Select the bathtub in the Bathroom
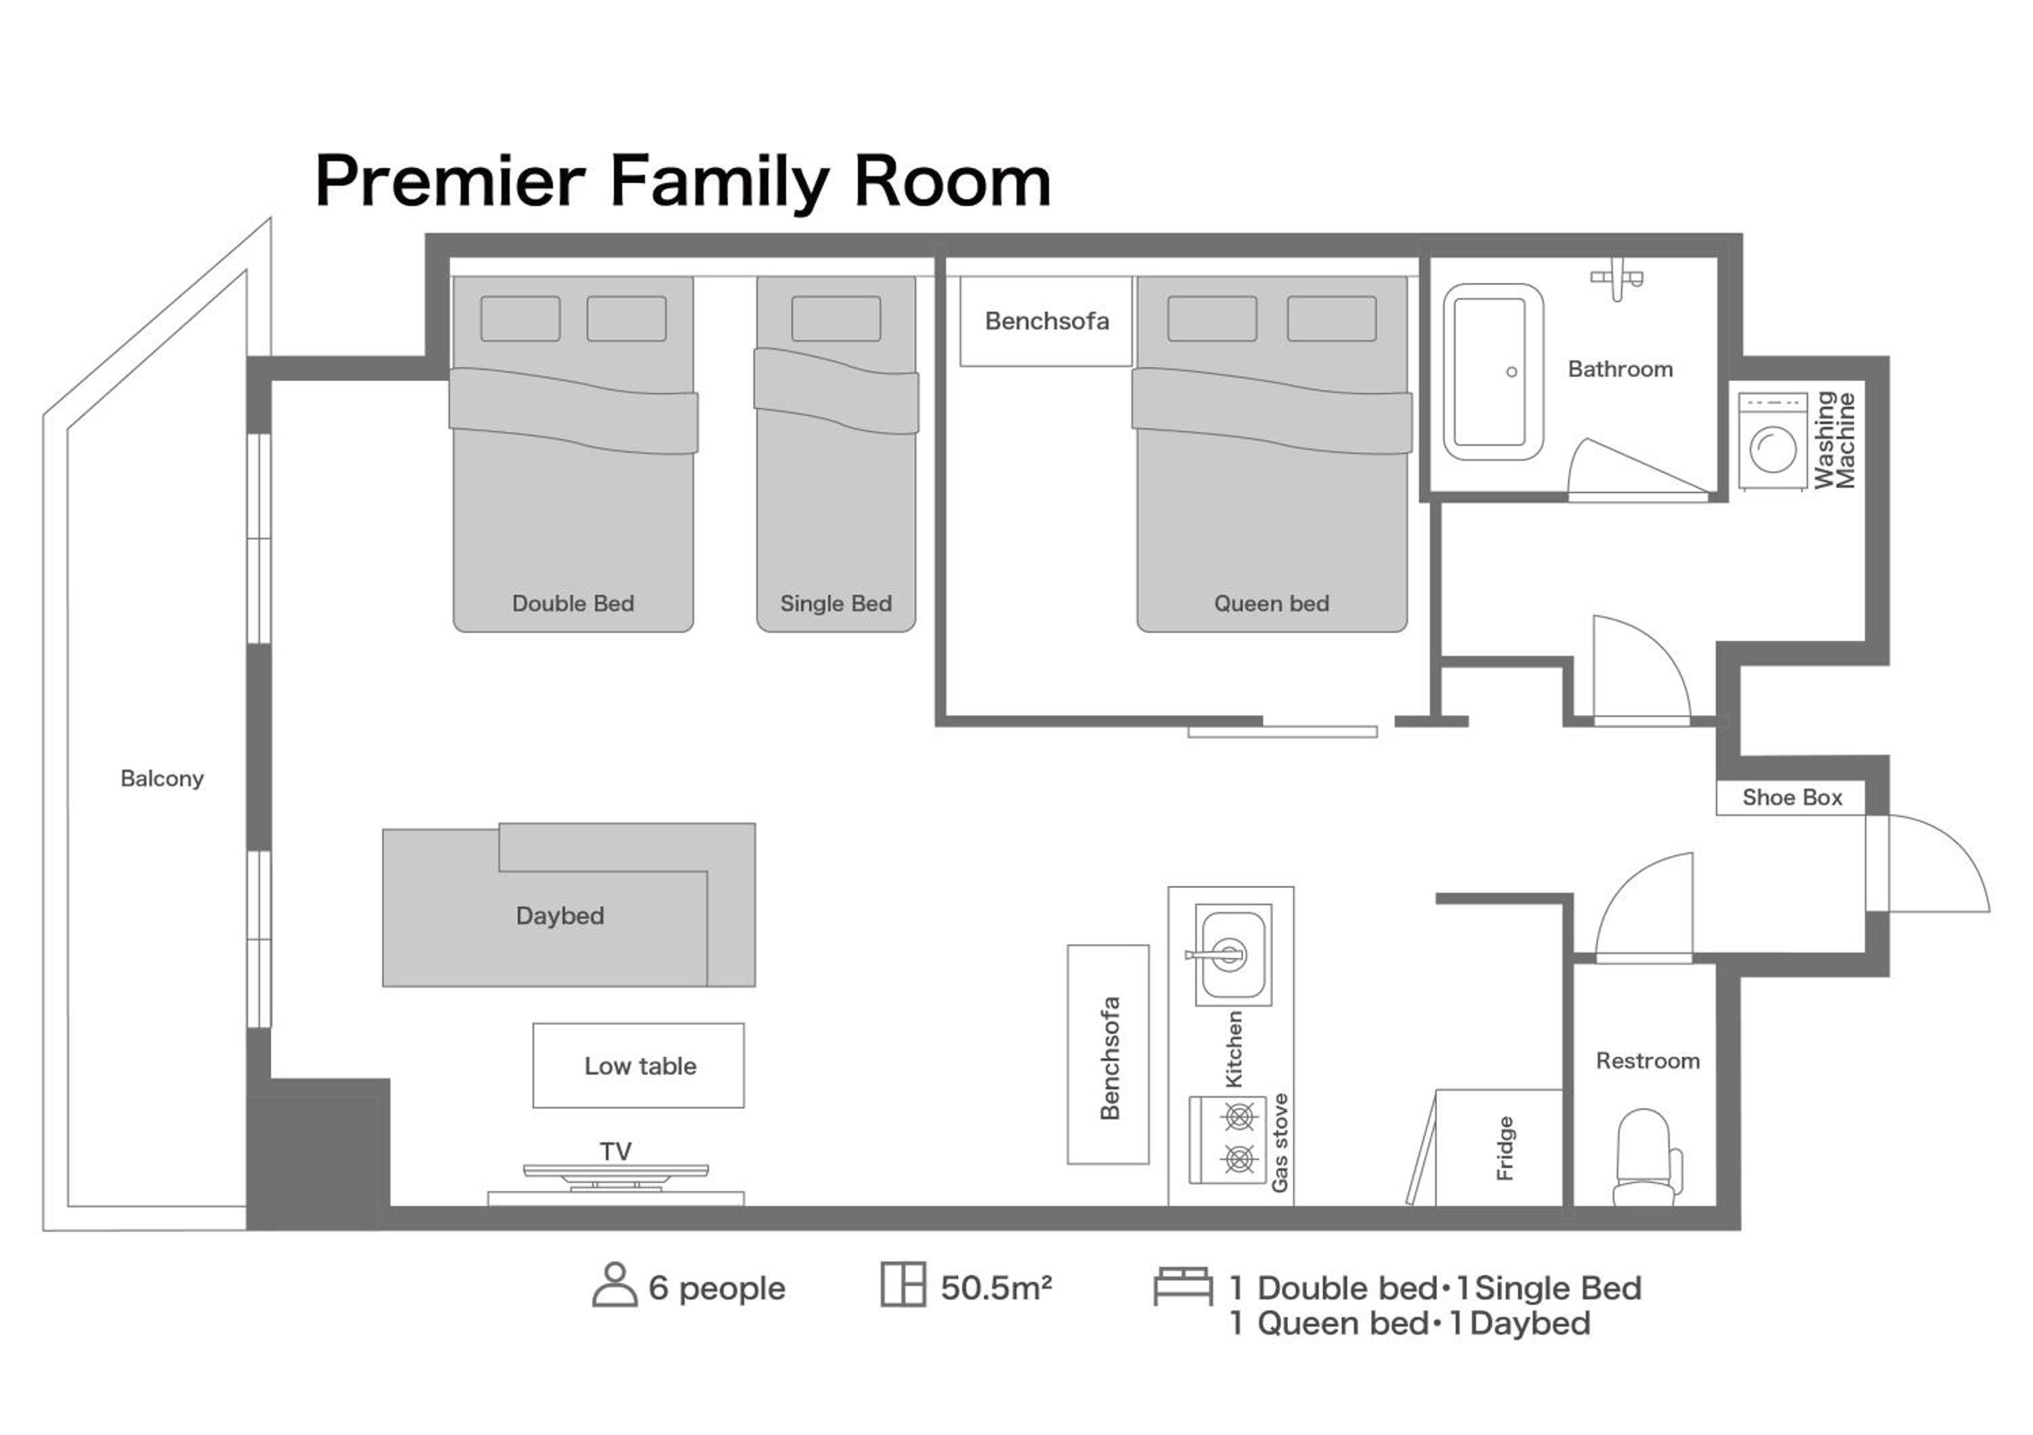pos(1493,372)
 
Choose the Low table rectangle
pos(638,1065)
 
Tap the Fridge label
pos(1504,1148)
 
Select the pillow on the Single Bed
pos(836,318)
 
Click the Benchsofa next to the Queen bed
pos(1046,320)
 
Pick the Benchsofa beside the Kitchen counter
pos(1108,1054)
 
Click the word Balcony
pos(162,778)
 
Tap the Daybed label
pos(560,915)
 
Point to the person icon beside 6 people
pos(615,1285)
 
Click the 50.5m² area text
pos(996,1288)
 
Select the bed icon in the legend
pos(1183,1286)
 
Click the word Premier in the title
pos(450,182)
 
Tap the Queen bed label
pos(1271,604)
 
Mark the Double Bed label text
pos(573,604)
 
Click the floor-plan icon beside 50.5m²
pos(903,1285)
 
